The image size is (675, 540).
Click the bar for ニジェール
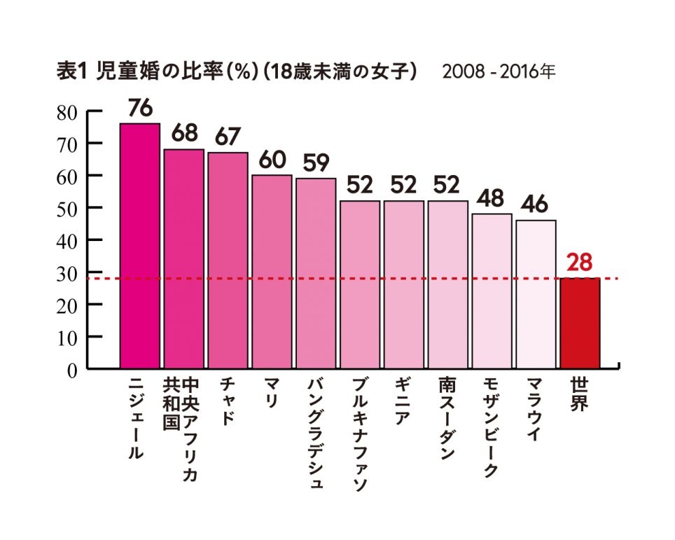click(x=140, y=245)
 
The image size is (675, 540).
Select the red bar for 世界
click(x=580, y=322)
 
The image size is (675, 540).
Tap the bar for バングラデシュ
click(x=316, y=273)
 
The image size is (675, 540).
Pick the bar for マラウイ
click(x=536, y=294)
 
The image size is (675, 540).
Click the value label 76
click(x=140, y=109)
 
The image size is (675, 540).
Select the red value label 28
click(x=580, y=263)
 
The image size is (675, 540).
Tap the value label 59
click(x=316, y=164)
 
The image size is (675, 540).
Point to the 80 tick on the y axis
click(x=67, y=111)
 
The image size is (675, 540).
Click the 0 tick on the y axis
click(x=71, y=370)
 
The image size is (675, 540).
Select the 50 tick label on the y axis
click(x=67, y=209)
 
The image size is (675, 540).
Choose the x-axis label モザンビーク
click(x=492, y=428)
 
